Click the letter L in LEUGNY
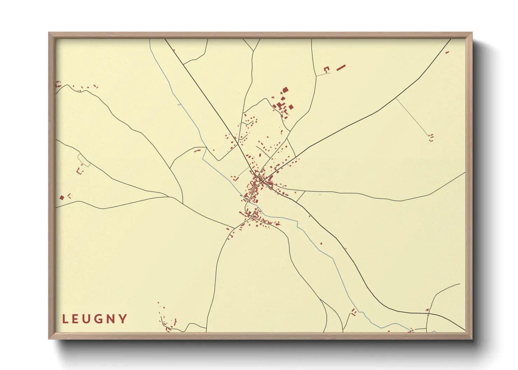coord(65,319)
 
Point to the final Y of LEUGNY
coord(123,319)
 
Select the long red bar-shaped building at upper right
coord(341,67)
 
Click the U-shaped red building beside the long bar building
coord(327,69)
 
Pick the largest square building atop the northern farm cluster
coord(285,90)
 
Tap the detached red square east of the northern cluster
coord(290,107)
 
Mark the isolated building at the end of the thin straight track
coord(431,137)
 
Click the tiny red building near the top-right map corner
coord(447,52)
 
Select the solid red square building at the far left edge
coord(62,198)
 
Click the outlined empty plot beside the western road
coord(84,161)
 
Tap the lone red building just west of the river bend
coord(197,151)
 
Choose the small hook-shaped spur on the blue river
coord(180,104)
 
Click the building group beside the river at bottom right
coord(354,312)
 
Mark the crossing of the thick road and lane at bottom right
coord(427,314)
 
